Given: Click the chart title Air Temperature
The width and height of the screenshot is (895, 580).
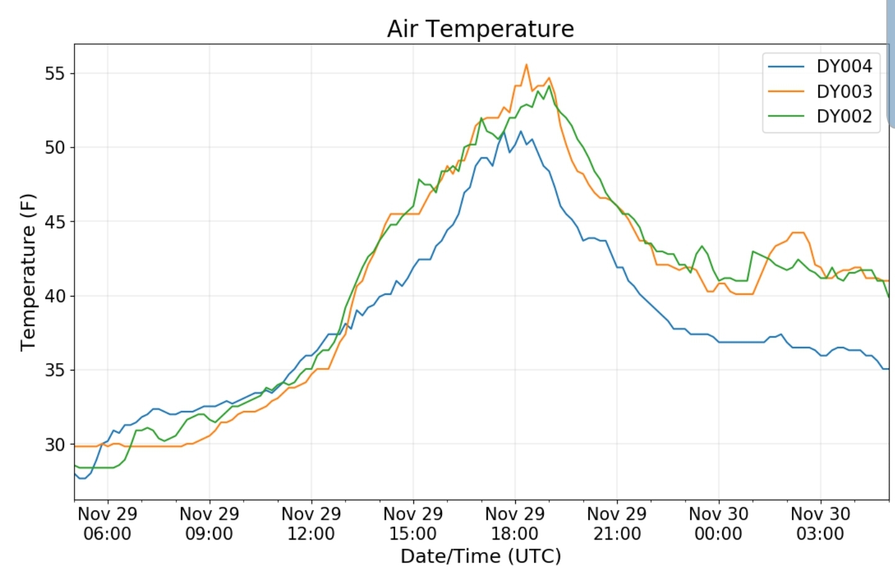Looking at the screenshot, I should pyautogui.click(x=480, y=29).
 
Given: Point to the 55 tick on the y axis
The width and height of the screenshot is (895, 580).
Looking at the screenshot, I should pyautogui.click(x=55, y=73).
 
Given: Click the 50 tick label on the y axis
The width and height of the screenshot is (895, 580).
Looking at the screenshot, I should pyautogui.click(x=55, y=147).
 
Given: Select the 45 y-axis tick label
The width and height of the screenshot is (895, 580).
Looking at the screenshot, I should pyautogui.click(x=55, y=222).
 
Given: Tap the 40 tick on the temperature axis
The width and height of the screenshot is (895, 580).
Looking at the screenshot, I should pyautogui.click(x=55, y=296).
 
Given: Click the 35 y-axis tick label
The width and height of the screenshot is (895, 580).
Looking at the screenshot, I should pyautogui.click(x=55, y=370).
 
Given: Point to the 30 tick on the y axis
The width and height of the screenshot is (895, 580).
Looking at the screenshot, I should pyautogui.click(x=55, y=444).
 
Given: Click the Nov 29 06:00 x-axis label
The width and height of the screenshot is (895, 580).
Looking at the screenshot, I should pyautogui.click(x=108, y=523).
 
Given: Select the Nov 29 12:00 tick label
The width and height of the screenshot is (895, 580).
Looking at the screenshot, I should pyautogui.click(x=311, y=523).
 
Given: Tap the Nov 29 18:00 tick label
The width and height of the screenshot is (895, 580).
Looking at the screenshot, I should pyautogui.click(x=515, y=523).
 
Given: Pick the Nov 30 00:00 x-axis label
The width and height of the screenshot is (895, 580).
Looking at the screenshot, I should pyautogui.click(x=718, y=523).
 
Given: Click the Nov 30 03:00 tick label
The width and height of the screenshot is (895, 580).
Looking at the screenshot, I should pyautogui.click(x=820, y=523).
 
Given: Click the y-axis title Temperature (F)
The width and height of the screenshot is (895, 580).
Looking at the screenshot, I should pyautogui.click(x=28, y=272).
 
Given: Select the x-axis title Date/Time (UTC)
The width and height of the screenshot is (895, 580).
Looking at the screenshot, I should pyautogui.click(x=480, y=556).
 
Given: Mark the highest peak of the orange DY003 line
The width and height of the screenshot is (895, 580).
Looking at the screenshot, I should pyautogui.click(x=526, y=65).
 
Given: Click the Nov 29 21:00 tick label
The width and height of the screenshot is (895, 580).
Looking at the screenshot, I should pyautogui.click(x=617, y=523).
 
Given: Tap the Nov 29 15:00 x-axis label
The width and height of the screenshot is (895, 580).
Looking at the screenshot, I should pyautogui.click(x=413, y=523).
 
